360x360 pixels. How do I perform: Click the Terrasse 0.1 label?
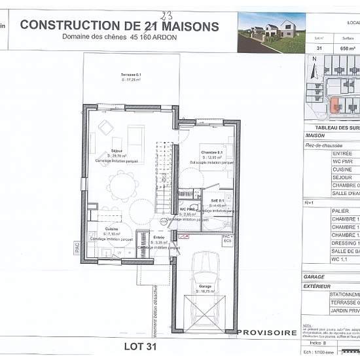pos(131,76)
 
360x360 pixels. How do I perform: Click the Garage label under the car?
pos(205,286)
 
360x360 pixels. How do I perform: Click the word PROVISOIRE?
pos(266,333)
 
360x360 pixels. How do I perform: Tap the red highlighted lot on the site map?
pos(335,105)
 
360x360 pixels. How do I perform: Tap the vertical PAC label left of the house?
pos(77,248)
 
